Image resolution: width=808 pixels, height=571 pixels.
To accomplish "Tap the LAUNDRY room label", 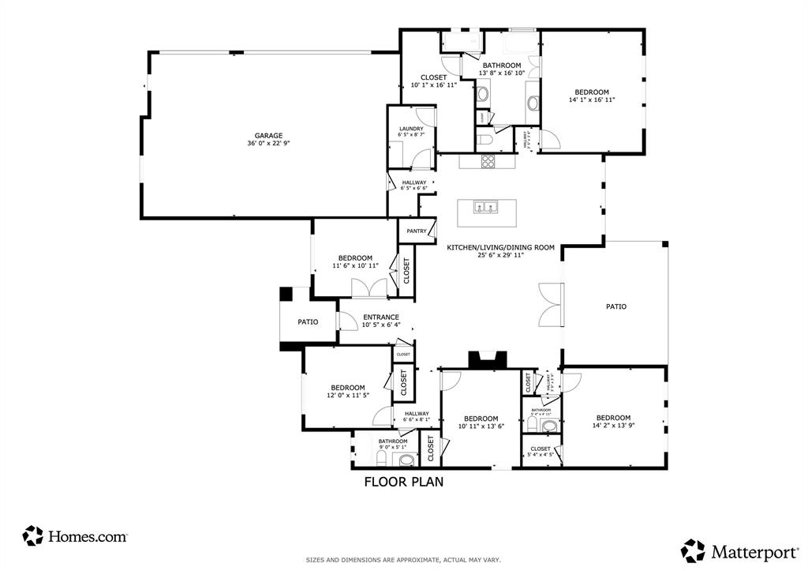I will click(411, 129).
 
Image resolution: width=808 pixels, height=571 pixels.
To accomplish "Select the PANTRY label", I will click(417, 231).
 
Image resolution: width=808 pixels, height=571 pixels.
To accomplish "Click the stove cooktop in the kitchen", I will click(488, 162).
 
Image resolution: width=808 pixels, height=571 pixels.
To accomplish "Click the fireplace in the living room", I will click(485, 360).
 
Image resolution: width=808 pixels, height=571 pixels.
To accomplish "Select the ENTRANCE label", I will click(381, 317).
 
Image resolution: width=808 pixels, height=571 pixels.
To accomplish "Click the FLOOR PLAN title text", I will click(403, 482).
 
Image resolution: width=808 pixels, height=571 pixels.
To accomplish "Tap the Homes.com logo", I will click(76, 536).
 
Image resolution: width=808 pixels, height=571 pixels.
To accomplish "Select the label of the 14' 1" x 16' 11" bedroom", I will click(591, 92).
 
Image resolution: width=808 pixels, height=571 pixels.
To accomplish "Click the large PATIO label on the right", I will click(615, 306).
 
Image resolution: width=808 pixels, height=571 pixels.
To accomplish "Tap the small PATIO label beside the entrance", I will click(308, 322).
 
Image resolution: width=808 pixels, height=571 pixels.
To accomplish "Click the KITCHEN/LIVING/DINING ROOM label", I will click(500, 247).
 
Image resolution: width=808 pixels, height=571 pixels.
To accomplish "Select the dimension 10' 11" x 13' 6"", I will click(481, 427).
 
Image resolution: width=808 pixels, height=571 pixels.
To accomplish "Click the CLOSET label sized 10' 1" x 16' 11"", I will click(433, 77).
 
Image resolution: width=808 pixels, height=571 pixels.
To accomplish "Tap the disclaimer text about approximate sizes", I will click(403, 560).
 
